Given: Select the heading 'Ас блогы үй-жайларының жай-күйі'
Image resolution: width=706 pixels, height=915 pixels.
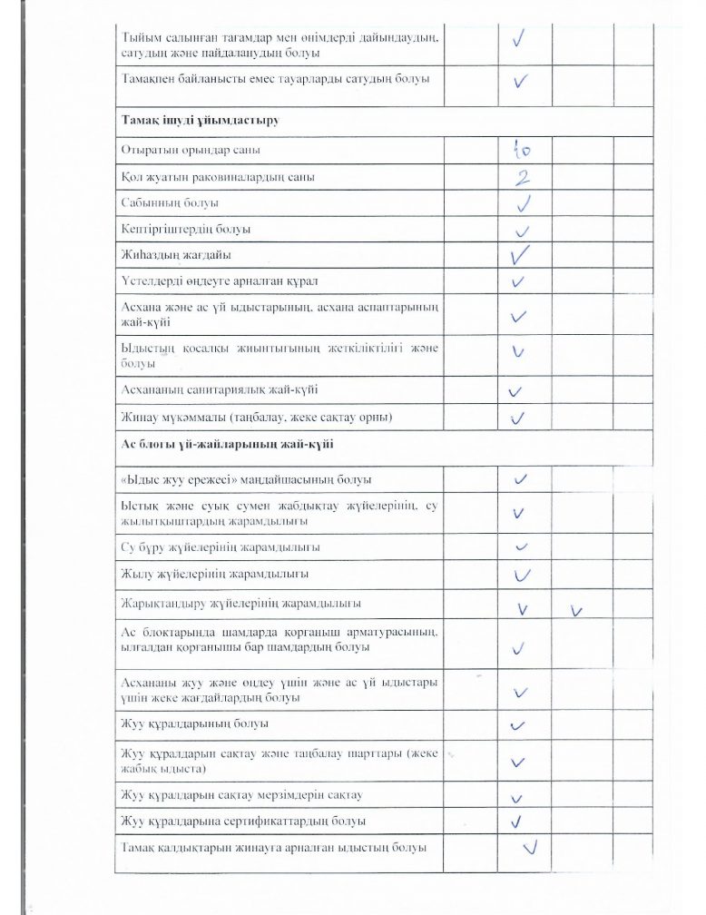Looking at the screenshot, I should [227, 444].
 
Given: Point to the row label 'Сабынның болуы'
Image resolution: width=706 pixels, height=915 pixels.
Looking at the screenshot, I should [170, 202].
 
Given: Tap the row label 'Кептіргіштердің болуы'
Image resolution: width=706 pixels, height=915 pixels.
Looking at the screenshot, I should [186, 229].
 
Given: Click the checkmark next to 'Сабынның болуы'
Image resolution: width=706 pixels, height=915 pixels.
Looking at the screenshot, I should [522, 202].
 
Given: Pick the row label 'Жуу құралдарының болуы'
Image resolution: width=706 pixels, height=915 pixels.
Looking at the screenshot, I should [194, 723].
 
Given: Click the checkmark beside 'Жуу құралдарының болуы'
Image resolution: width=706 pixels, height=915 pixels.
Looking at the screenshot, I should [519, 725].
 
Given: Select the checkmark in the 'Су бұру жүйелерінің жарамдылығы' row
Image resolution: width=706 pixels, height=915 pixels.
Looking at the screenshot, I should [521, 547].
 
